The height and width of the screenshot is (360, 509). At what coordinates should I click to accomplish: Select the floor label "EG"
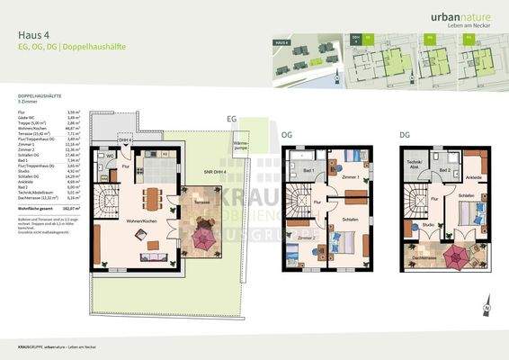click(230, 118)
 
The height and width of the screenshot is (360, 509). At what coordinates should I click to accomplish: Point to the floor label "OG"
click(288, 136)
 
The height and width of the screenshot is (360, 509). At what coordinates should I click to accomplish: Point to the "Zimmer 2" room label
click(307, 238)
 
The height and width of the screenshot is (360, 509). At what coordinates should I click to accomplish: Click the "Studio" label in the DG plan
click(429, 225)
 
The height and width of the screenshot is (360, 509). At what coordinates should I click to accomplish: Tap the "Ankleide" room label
click(474, 177)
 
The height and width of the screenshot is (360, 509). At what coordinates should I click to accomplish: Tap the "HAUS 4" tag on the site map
click(281, 42)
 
